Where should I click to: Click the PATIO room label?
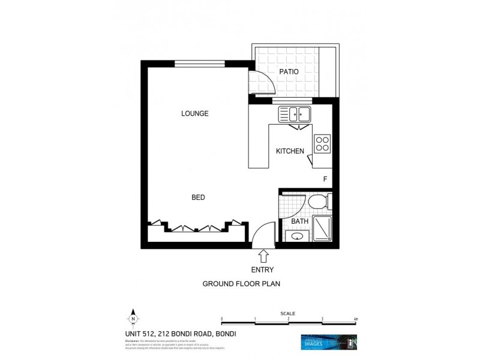pyautogui.click(x=289, y=71)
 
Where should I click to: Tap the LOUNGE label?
pyautogui.click(x=195, y=113)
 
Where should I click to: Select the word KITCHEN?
pyautogui.click(x=290, y=151)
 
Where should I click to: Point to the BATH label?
pyautogui.click(x=299, y=221)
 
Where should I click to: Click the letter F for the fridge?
pyautogui.click(x=325, y=179)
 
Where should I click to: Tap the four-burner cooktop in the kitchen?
pyautogui.click(x=322, y=143)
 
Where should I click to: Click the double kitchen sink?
pyautogui.click(x=294, y=113)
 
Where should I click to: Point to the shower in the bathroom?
pyautogui.click(x=323, y=228)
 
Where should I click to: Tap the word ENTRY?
pyautogui.click(x=262, y=270)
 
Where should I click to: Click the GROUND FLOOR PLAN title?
pyautogui.click(x=242, y=284)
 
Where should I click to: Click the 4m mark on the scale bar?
pyautogui.click(x=356, y=319)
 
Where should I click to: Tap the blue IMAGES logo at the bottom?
pyautogui.click(x=328, y=343)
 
